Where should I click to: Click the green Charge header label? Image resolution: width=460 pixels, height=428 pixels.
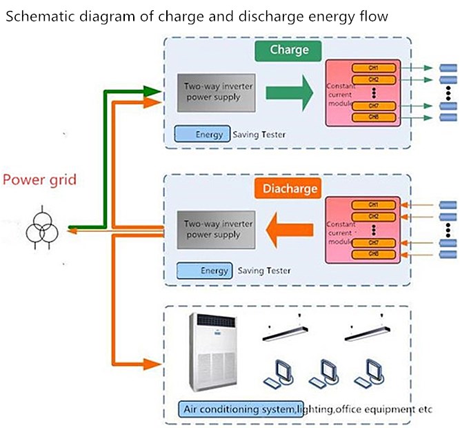[289, 50]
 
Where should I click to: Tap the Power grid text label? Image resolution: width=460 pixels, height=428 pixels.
[39, 181]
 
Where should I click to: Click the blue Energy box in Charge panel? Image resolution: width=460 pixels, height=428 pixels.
[201, 134]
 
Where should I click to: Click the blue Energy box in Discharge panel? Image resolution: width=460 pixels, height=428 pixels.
[203, 271]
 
